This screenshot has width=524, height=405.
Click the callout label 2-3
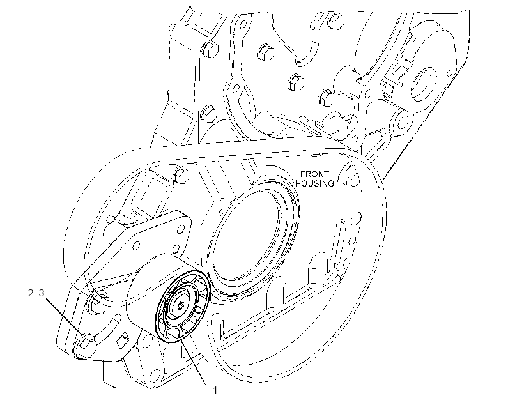pos(36,293)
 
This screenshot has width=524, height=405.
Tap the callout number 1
pos(215,390)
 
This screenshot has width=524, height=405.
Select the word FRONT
pos(314,174)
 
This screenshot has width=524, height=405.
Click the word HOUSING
pos(314,183)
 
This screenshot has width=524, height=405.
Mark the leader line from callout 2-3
pos(64,316)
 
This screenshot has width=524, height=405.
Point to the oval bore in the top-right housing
pos(423,84)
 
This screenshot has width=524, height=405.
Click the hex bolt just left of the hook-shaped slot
pos(266,52)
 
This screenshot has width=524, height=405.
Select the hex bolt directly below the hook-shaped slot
pos(296,82)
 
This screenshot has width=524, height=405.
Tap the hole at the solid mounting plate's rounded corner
pos(181,229)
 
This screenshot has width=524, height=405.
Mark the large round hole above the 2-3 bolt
pos(98,298)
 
